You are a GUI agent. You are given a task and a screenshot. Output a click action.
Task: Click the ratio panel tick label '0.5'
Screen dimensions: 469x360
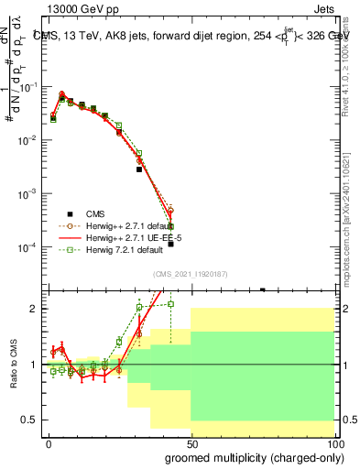[x=34, y=420]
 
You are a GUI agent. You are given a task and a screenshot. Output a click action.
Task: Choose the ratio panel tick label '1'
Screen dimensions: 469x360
[x=38, y=365]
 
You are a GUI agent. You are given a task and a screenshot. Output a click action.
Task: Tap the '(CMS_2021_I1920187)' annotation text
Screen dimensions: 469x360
[x=191, y=274]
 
